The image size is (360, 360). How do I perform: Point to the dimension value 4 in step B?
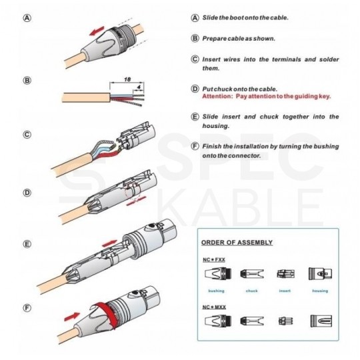coord(138,85)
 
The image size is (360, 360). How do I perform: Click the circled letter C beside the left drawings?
coord(27,134)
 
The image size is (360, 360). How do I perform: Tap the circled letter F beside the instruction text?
coord(195,145)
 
